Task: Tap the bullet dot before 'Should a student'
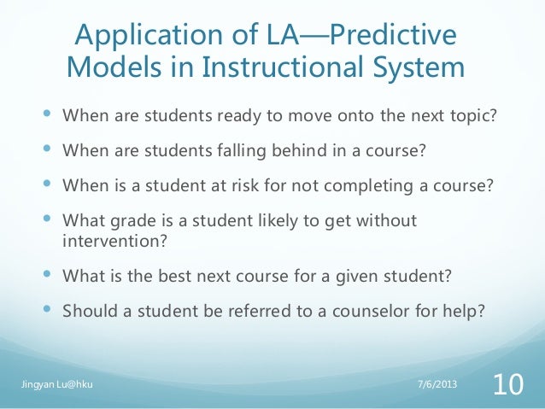tap(45, 309)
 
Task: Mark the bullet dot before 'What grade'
tap(45, 219)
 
